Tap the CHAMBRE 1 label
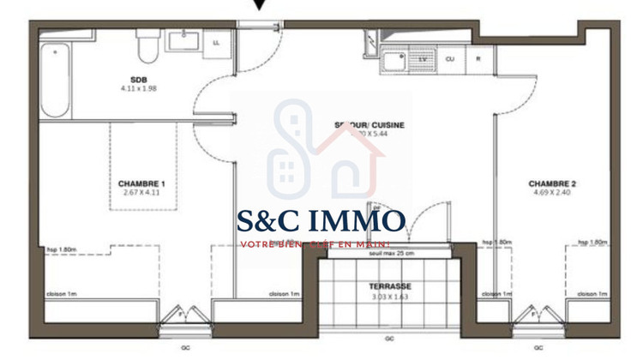(x=141, y=183)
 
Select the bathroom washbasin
(x=184, y=40)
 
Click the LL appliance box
(x=215, y=41)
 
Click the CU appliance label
(x=449, y=59)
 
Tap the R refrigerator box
(x=479, y=59)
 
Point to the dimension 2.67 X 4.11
(x=141, y=193)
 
